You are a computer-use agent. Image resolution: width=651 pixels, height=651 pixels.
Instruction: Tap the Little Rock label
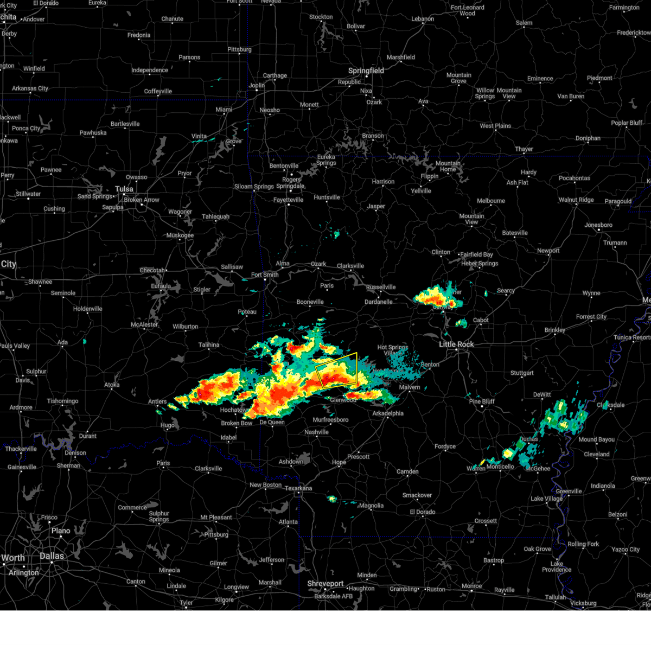pos(456,344)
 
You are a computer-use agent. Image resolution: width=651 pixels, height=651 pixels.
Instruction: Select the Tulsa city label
pos(124,189)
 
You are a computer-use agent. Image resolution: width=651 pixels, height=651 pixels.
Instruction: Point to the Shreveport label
pos(325,584)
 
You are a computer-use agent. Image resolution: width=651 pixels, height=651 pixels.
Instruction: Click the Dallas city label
pos(52,556)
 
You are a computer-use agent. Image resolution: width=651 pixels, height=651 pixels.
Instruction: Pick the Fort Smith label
pos(265,275)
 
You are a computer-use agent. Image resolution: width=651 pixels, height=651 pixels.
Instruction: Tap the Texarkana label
pos(298,488)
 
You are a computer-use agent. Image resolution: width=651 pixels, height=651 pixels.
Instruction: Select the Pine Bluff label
pos(482,401)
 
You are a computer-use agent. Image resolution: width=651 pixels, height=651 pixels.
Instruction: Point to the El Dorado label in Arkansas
pos(423,512)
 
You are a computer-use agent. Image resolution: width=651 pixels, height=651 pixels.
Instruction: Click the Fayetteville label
pos(288,200)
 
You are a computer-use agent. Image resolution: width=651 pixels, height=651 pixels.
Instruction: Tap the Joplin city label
pos(257,85)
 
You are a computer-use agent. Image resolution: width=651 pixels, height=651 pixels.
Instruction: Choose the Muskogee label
pos(180,235)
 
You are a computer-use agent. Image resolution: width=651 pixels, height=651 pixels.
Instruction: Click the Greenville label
pos(569,492)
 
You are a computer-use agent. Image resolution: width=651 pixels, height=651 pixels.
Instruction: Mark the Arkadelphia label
pos(388,413)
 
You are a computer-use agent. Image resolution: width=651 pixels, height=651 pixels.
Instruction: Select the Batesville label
pos(515,233)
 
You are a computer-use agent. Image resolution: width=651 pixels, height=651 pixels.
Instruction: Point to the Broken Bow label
pos(237,423)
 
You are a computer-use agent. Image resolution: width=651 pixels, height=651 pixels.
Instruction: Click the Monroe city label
pos(471,586)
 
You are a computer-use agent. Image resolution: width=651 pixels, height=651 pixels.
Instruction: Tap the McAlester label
pos(144,325)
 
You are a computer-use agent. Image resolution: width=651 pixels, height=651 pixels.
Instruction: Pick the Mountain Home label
pos(448,166)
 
